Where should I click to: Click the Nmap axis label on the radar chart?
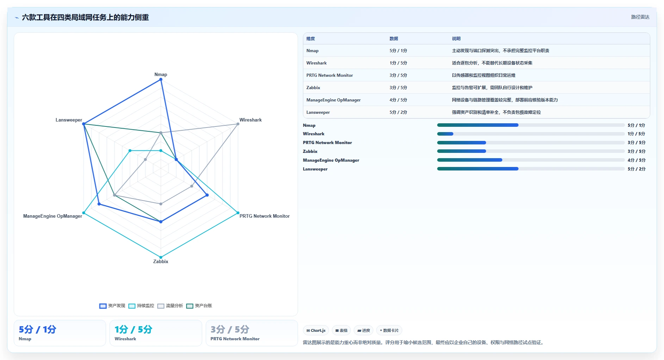[161, 75]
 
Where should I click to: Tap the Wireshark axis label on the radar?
[250, 120]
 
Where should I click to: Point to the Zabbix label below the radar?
[161, 262]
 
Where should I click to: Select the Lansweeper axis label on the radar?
[69, 120]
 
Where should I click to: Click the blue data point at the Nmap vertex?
[161, 80]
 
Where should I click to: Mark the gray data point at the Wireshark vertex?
[238, 124]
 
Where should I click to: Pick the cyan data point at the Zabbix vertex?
[161, 257]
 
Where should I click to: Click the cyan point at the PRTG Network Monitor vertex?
[238, 213]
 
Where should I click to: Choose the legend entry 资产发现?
[112, 306]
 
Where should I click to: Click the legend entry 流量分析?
[170, 306]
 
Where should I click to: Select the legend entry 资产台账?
[199, 306]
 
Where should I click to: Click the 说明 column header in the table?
[456, 39]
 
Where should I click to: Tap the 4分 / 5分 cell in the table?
[398, 100]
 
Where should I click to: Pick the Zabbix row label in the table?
[313, 88]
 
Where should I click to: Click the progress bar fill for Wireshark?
[445, 134]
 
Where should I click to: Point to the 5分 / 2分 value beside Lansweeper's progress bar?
[637, 169]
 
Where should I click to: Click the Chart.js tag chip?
[316, 330]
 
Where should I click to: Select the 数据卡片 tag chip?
[389, 330]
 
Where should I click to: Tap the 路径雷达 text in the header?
[640, 17]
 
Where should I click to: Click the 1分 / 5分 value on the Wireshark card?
[134, 330]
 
